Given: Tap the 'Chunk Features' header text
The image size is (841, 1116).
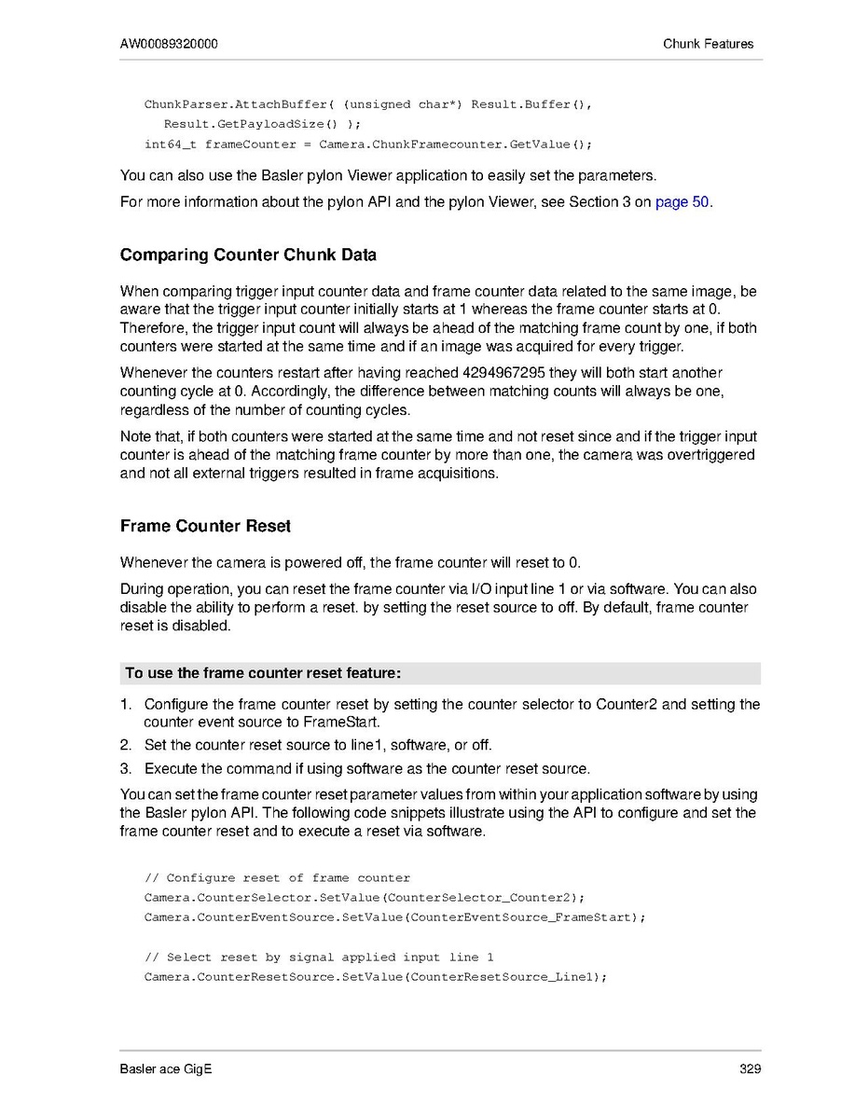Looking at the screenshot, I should [x=708, y=44].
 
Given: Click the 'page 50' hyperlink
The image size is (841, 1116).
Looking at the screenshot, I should [x=682, y=202].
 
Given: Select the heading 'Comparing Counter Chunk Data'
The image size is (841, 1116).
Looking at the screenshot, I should [x=248, y=255].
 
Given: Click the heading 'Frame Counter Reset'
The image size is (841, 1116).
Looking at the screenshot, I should [x=205, y=527].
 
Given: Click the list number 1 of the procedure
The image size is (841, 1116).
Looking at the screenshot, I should [x=125, y=704].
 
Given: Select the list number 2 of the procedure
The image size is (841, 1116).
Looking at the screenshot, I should [x=125, y=745].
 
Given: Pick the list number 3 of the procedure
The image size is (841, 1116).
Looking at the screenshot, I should [x=125, y=769].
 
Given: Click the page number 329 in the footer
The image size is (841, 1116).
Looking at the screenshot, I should [x=751, y=1069].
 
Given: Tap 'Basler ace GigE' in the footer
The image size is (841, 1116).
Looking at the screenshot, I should [x=166, y=1069].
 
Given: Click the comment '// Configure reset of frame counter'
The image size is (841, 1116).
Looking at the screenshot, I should [x=277, y=878].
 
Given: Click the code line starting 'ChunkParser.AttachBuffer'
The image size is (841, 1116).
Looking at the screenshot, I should [x=367, y=104].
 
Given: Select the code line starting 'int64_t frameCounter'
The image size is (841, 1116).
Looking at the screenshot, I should [x=367, y=145].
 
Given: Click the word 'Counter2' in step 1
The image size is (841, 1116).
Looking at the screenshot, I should [x=627, y=704].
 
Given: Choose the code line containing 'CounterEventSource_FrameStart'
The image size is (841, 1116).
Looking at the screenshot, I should [x=394, y=917].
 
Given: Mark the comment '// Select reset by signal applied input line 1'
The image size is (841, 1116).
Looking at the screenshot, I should [x=319, y=958].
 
